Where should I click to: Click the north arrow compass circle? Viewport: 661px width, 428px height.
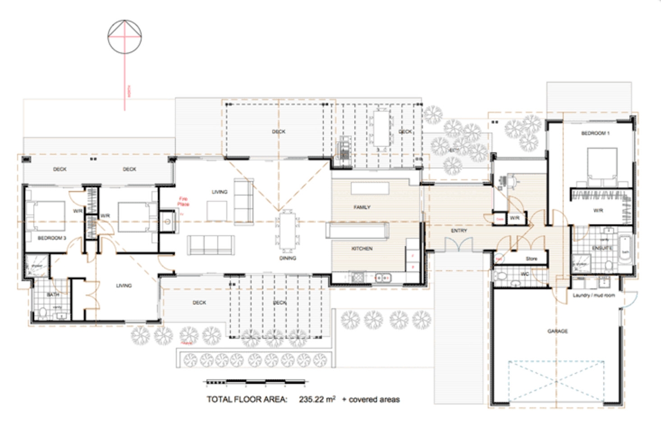point(124,36)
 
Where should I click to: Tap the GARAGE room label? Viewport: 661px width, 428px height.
point(558,331)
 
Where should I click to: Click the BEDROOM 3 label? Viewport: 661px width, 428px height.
point(52,238)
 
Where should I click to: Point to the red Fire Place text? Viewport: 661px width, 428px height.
point(183,201)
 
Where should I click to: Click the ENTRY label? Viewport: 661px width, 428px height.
point(459,231)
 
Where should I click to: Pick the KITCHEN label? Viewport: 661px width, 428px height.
point(362,249)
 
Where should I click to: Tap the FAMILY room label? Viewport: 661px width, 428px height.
point(362,207)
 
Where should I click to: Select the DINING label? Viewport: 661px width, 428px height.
point(288,258)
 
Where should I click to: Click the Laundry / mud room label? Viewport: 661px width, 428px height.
point(593,296)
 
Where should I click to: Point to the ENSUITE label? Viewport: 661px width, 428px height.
point(601,248)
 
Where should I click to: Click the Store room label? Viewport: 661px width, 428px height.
point(532,259)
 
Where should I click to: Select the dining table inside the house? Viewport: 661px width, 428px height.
point(287,231)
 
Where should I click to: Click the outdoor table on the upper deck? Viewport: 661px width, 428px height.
point(381,128)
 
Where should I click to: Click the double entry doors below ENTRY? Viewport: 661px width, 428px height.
point(459,246)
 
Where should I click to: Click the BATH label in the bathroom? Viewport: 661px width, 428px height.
point(53,295)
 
